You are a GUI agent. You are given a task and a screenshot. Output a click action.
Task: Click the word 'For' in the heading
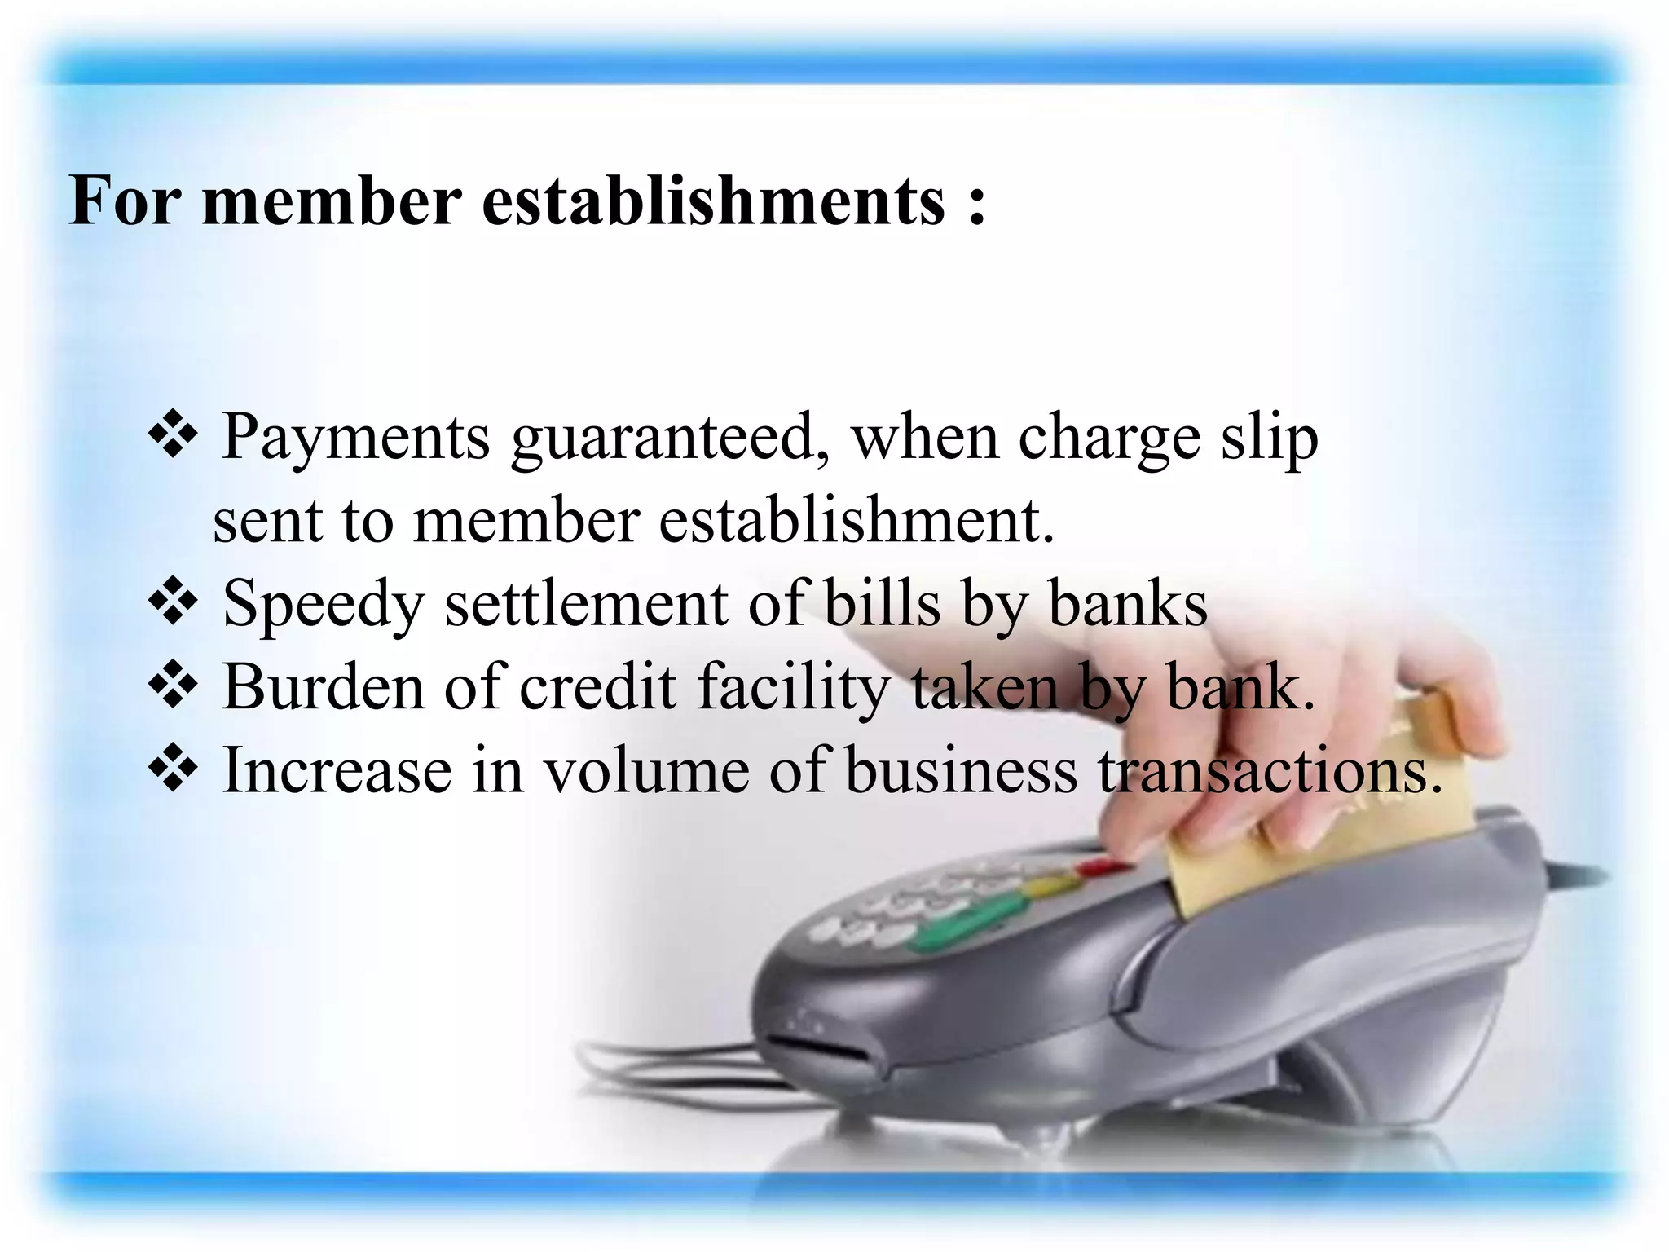124,201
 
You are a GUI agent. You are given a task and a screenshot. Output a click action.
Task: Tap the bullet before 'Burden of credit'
173,686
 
